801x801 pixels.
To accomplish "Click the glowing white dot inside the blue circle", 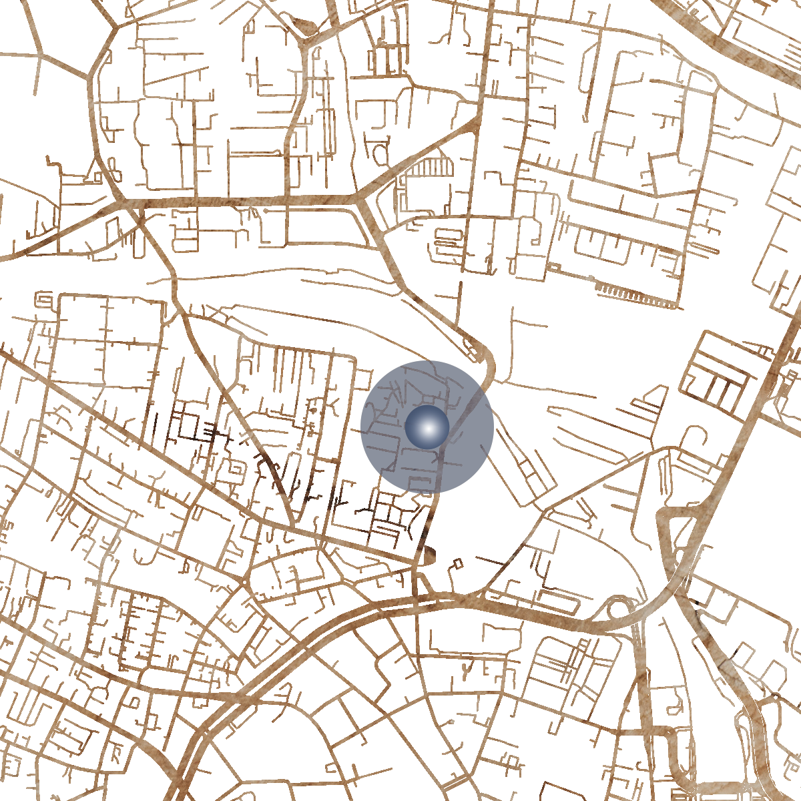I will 427,427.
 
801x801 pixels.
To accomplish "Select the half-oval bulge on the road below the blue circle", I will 428,553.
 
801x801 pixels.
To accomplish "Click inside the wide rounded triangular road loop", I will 674,534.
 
